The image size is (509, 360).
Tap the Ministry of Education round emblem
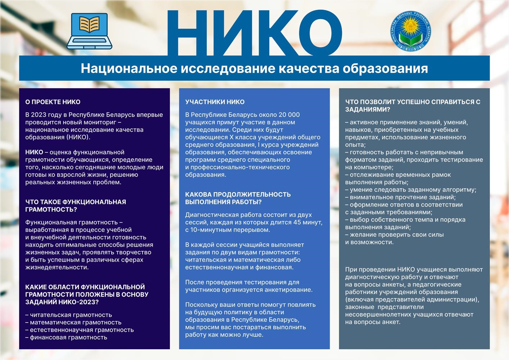coord(410,31)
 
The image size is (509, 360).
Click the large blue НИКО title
coord(254,32)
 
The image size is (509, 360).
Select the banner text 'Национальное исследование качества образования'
coord(254,68)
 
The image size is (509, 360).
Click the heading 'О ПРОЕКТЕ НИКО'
coord(53,102)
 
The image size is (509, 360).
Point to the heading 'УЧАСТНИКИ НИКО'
coord(215,102)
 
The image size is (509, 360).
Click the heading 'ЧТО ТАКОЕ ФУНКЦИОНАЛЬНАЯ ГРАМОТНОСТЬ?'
coord(76,206)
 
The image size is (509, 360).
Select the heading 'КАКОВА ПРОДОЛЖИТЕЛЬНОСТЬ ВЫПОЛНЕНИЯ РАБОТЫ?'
coord(238,198)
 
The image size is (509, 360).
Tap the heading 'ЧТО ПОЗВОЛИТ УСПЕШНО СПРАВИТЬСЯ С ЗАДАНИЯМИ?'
coord(413,105)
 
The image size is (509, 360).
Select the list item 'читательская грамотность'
coord(71,315)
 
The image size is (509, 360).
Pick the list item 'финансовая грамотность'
coord(68,338)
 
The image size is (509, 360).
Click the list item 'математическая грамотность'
coord(76,323)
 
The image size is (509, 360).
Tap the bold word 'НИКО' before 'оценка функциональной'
coord(34,152)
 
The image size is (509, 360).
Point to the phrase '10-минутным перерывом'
coord(230,230)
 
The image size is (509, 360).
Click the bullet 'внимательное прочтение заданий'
coord(402,197)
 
